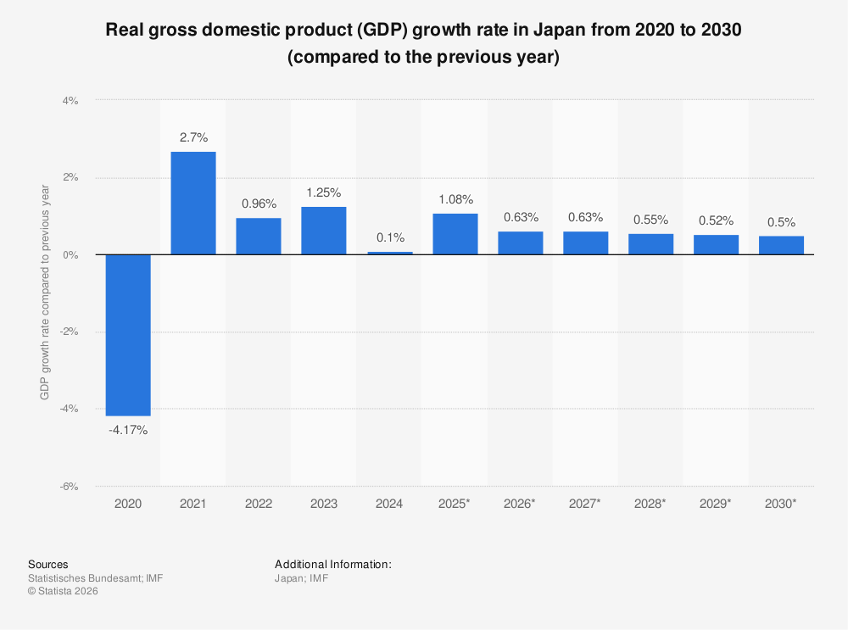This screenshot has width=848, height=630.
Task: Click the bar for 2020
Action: (128, 335)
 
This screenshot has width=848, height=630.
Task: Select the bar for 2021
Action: (193, 203)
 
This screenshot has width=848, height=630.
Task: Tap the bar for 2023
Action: (324, 231)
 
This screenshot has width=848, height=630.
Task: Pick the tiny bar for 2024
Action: (389, 253)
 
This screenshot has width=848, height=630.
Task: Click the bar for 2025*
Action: (455, 234)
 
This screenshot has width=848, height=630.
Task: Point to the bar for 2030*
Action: (781, 245)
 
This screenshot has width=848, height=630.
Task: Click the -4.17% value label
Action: (128, 430)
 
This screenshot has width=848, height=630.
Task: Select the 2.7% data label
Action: (193, 137)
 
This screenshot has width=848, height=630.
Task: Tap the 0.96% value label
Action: (259, 203)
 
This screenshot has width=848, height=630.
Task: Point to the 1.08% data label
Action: (455, 198)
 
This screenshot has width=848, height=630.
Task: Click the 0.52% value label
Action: (716, 220)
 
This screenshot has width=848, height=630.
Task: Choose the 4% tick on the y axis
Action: (70, 100)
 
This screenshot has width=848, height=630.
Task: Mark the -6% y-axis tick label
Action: (68, 487)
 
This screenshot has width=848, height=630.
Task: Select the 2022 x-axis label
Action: (259, 504)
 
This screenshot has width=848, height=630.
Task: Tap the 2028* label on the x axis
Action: (650, 504)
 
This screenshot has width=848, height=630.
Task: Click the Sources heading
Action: (48, 564)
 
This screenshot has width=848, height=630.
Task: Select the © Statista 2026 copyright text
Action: (64, 591)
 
